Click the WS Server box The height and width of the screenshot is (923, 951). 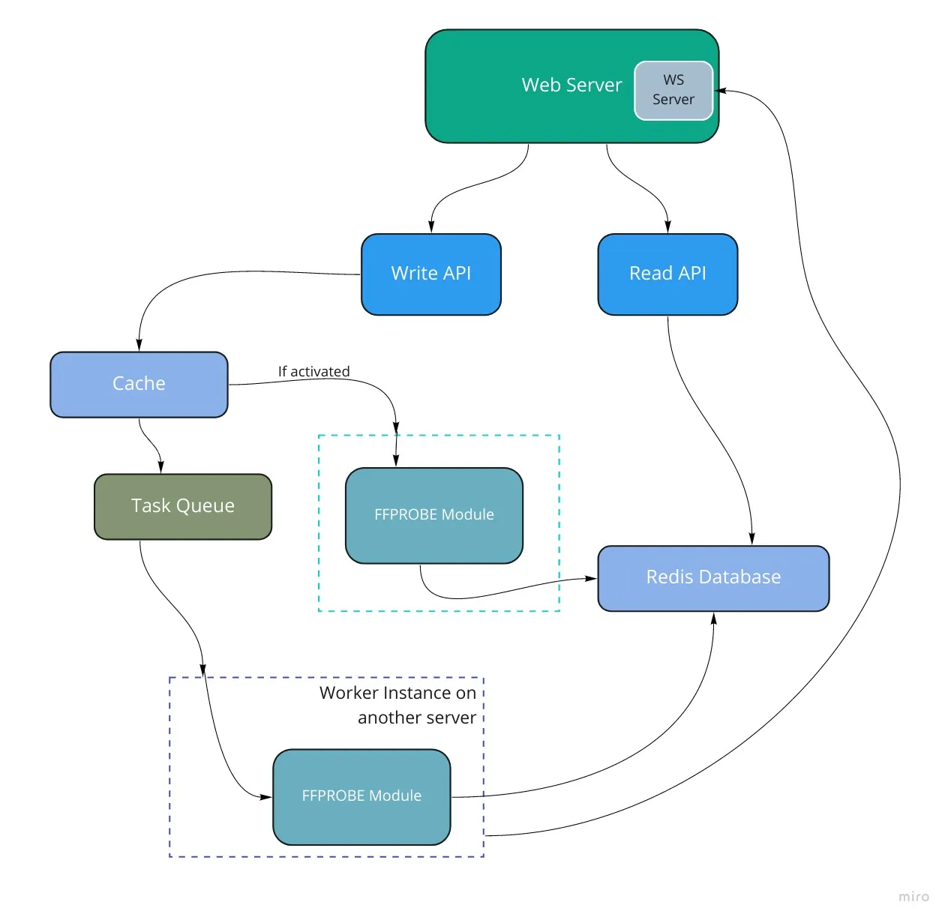(673, 91)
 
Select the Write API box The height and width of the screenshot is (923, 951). (430, 274)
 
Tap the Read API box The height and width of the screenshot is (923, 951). (667, 274)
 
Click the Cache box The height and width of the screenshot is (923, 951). (139, 384)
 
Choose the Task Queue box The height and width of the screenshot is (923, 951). (183, 506)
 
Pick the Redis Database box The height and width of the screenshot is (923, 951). (713, 578)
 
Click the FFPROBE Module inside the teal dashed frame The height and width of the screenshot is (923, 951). (434, 516)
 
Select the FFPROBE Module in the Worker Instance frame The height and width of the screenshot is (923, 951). (361, 796)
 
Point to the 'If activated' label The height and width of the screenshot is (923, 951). (313, 371)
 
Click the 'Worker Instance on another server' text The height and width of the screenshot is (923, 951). (397, 705)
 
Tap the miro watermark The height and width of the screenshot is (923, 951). (913, 896)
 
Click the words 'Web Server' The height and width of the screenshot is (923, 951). (571, 85)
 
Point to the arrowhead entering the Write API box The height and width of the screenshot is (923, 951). (431, 226)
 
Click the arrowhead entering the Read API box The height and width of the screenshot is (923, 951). (667, 226)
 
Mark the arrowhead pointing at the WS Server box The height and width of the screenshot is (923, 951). (720, 91)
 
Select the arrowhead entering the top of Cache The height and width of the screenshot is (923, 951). (139, 344)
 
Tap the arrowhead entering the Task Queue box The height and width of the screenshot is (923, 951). (160, 466)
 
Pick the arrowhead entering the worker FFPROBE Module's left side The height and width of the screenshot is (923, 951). (265, 797)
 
